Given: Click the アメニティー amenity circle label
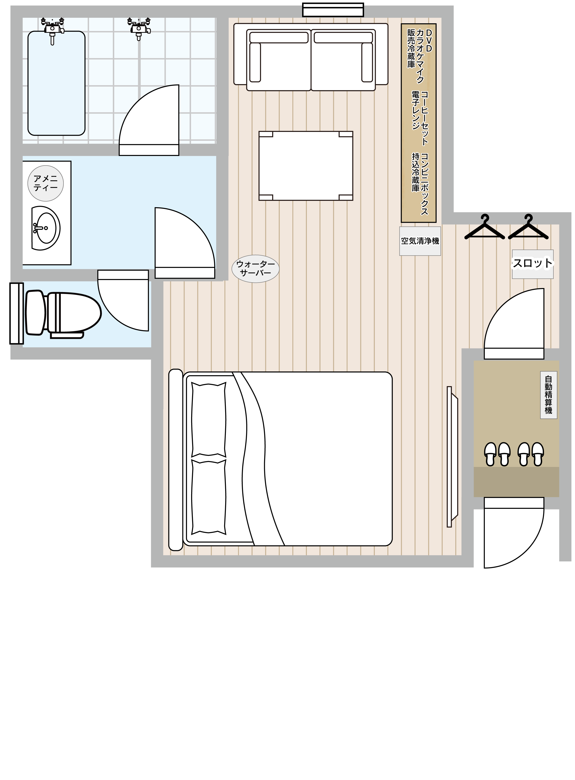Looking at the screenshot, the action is click(x=46, y=183).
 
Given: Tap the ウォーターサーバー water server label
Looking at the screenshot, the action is click(x=256, y=269).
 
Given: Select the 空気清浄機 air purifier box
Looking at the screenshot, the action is click(x=420, y=241).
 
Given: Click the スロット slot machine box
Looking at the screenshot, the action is click(x=532, y=264).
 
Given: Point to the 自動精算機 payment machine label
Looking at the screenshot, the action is click(x=549, y=395).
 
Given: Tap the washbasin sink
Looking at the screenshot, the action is click(x=46, y=228).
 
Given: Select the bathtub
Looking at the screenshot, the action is click(x=56, y=83).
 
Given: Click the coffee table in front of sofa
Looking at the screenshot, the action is click(x=306, y=166).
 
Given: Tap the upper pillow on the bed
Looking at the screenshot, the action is click(x=209, y=420).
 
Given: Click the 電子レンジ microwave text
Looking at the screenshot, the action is click(x=416, y=111).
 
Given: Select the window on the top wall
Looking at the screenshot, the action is click(x=333, y=10).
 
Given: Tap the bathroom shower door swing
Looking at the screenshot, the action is click(x=149, y=120).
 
